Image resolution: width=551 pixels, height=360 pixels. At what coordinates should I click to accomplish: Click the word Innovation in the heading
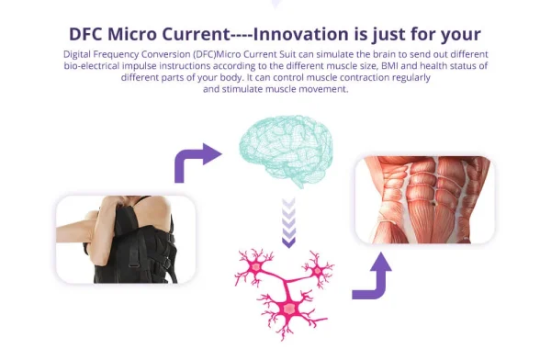[x=301, y=34]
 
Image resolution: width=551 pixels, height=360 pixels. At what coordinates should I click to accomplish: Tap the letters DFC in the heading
[x=85, y=34]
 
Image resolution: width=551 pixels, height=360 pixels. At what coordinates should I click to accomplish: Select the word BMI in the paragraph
[x=390, y=66]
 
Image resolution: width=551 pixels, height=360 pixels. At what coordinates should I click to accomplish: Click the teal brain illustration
[x=286, y=152]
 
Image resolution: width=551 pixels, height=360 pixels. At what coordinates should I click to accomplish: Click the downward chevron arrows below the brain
[x=288, y=223]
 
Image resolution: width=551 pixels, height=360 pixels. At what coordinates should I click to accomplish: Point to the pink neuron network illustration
[x=284, y=294]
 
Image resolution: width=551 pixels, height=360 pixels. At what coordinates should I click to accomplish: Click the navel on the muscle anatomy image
[x=434, y=203]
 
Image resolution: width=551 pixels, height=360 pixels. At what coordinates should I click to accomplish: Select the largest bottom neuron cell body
[x=289, y=309]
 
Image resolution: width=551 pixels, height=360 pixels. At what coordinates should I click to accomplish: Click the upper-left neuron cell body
[x=255, y=267]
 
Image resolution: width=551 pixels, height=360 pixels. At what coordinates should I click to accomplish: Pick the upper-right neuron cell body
[x=318, y=271]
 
